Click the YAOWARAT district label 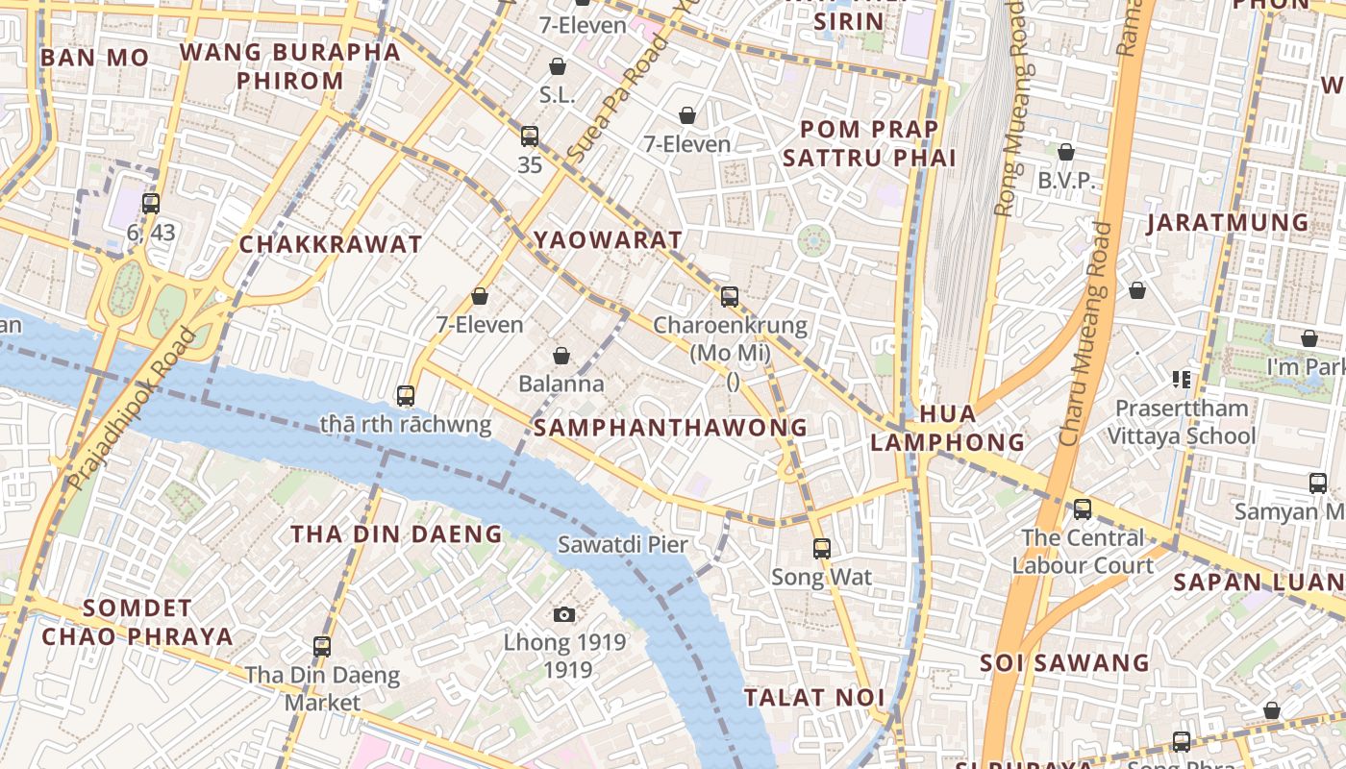pyautogui.click(x=608, y=239)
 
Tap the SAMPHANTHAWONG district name pyautogui.click(x=670, y=428)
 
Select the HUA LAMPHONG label pyautogui.click(x=947, y=428)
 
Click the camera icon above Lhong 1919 pyautogui.click(x=564, y=614)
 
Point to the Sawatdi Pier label pyautogui.click(x=623, y=545)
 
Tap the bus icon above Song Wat pyautogui.click(x=821, y=549)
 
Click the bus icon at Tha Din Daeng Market pyautogui.click(x=322, y=647)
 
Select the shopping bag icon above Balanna pyautogui.click(x=561, y=357)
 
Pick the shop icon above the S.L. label pyautogui.click(x=557, y=66)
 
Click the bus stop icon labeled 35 pyautogui.click(x=530, y=136)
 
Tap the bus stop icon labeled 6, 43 pyautogui.click(x=151, y=204)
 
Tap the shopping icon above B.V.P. pyautogui.click(x=1065, y=152)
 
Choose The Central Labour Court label pyautogui.click(x=1082, y=552)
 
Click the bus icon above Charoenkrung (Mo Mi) pyautogui.click(x=730, y=297)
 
